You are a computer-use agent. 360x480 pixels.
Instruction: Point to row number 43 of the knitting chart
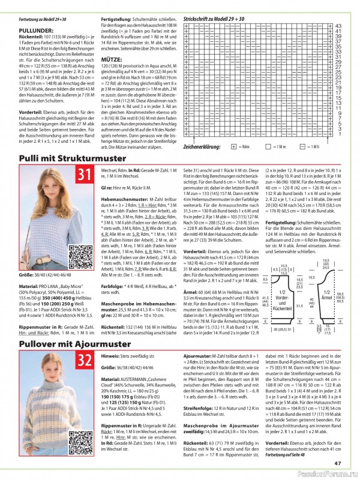pyautogui.click(x=337, y=26)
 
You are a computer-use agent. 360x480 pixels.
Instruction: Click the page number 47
pyautogui.click(x=338, y=462)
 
